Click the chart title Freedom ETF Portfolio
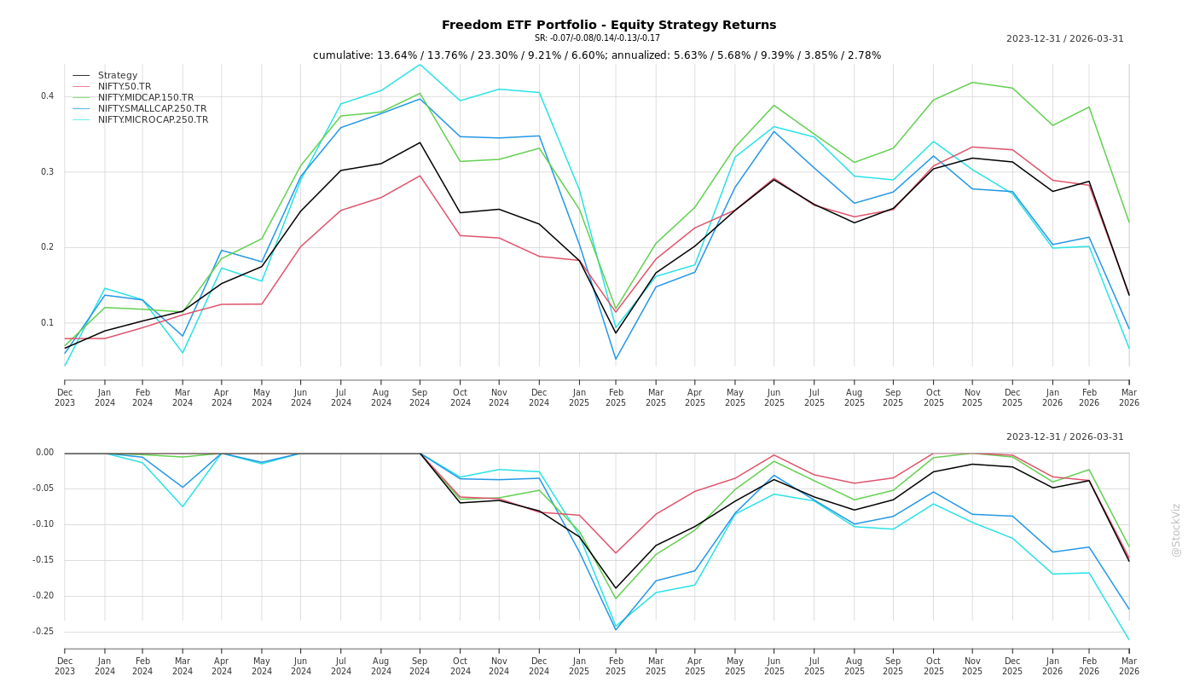(609, 25)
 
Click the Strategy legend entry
(118, 76)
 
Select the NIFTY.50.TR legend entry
(125, 87)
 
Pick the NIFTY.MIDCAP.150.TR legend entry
(146, 98)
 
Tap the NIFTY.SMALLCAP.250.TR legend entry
(152, 109)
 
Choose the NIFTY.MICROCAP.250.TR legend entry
(153, 120)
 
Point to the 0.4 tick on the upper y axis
(47, 96)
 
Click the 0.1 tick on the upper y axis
(47, 323)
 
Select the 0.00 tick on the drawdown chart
(44, 453)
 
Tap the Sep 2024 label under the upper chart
(420, 398)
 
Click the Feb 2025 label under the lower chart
(616, 666)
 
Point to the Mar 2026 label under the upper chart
(1128, 398)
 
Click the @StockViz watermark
(1176, 529)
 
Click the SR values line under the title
(597, 38)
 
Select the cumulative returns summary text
(597, 55)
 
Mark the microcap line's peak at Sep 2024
(420, 64)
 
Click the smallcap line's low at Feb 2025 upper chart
(616, 359)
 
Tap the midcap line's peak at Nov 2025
(972, 83)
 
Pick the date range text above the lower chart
(1064, 437)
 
